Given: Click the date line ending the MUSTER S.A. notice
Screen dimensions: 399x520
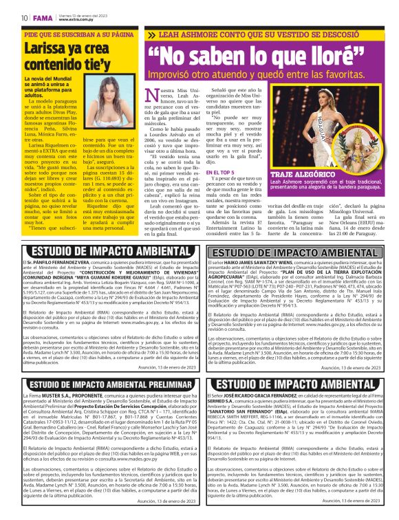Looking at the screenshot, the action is pos(165,501).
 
